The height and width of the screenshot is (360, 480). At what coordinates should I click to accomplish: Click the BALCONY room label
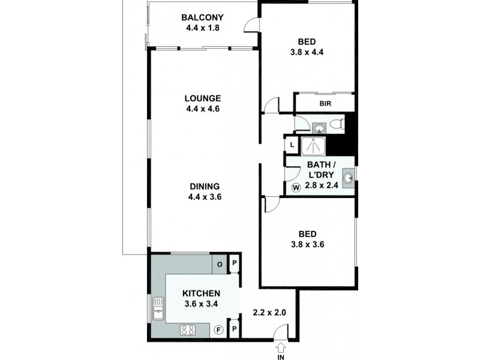203,17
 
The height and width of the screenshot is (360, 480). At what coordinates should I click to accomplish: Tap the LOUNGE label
203,98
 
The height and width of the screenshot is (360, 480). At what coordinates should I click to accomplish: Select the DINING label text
203,186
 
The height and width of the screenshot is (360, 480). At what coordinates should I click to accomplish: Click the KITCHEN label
202,293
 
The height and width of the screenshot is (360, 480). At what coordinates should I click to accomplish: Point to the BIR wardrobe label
325,104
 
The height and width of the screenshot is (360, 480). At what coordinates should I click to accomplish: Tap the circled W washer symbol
296,188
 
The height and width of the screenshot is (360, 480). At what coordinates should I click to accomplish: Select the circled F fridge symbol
219,329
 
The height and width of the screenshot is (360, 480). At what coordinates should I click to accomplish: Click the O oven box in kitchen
219,263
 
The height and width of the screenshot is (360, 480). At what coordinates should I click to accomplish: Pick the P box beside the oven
235,263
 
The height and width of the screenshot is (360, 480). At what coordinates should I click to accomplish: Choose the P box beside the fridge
235,329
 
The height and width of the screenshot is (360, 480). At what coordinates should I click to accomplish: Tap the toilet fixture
337,125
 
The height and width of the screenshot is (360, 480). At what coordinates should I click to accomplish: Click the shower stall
311,146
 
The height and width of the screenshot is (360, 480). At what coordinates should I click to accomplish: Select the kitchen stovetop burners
187,329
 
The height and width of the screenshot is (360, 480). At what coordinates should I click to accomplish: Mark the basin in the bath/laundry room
349,176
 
